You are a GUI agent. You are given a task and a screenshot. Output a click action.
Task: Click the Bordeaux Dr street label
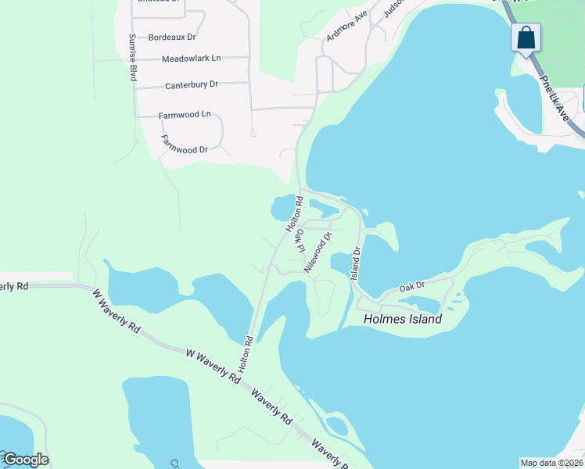[x=172, y=37]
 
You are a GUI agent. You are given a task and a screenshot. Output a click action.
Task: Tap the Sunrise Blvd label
[x=133, y=59]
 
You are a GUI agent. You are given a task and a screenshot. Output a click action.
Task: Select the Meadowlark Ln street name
[x=192, y=59]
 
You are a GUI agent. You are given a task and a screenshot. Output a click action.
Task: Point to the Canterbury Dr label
[x=192, y=84]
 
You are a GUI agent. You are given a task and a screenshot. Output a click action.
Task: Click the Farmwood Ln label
[x=185, y=115]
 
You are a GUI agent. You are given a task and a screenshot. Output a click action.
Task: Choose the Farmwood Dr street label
[x=185, y=145]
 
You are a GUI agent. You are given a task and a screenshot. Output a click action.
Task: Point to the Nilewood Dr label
[x=318, y=250]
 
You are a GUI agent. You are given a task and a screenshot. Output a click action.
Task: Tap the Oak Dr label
[x=411, y=287]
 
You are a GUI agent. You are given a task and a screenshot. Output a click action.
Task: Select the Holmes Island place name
[x=403, y=319]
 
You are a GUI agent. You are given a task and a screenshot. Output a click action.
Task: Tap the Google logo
[x=26, y=460]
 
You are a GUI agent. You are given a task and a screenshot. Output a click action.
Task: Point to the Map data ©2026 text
[x=551, y=463]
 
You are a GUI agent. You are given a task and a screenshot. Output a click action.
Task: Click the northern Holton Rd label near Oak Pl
[x=293, y=214]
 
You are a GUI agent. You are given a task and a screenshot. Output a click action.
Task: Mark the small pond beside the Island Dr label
[x=341, y=263]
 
